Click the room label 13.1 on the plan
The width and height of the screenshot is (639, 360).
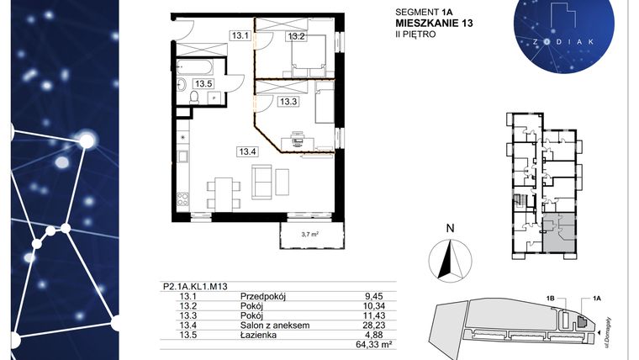(x=240, y=36)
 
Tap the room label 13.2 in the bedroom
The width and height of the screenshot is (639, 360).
(x=296, y=36)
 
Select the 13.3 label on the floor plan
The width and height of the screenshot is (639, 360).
(x=289, y=101)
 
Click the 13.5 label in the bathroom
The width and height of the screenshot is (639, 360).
(x=203, y=83)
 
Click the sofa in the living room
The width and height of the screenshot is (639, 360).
(x=262, y=179)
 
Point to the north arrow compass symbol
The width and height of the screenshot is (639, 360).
(x=451, y=257)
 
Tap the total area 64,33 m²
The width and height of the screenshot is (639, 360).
(x=377, y=343)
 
